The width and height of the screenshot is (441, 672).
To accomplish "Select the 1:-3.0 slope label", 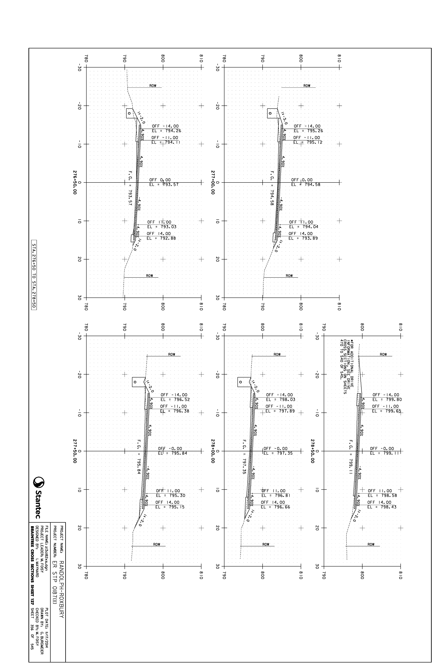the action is click(284, 118).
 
